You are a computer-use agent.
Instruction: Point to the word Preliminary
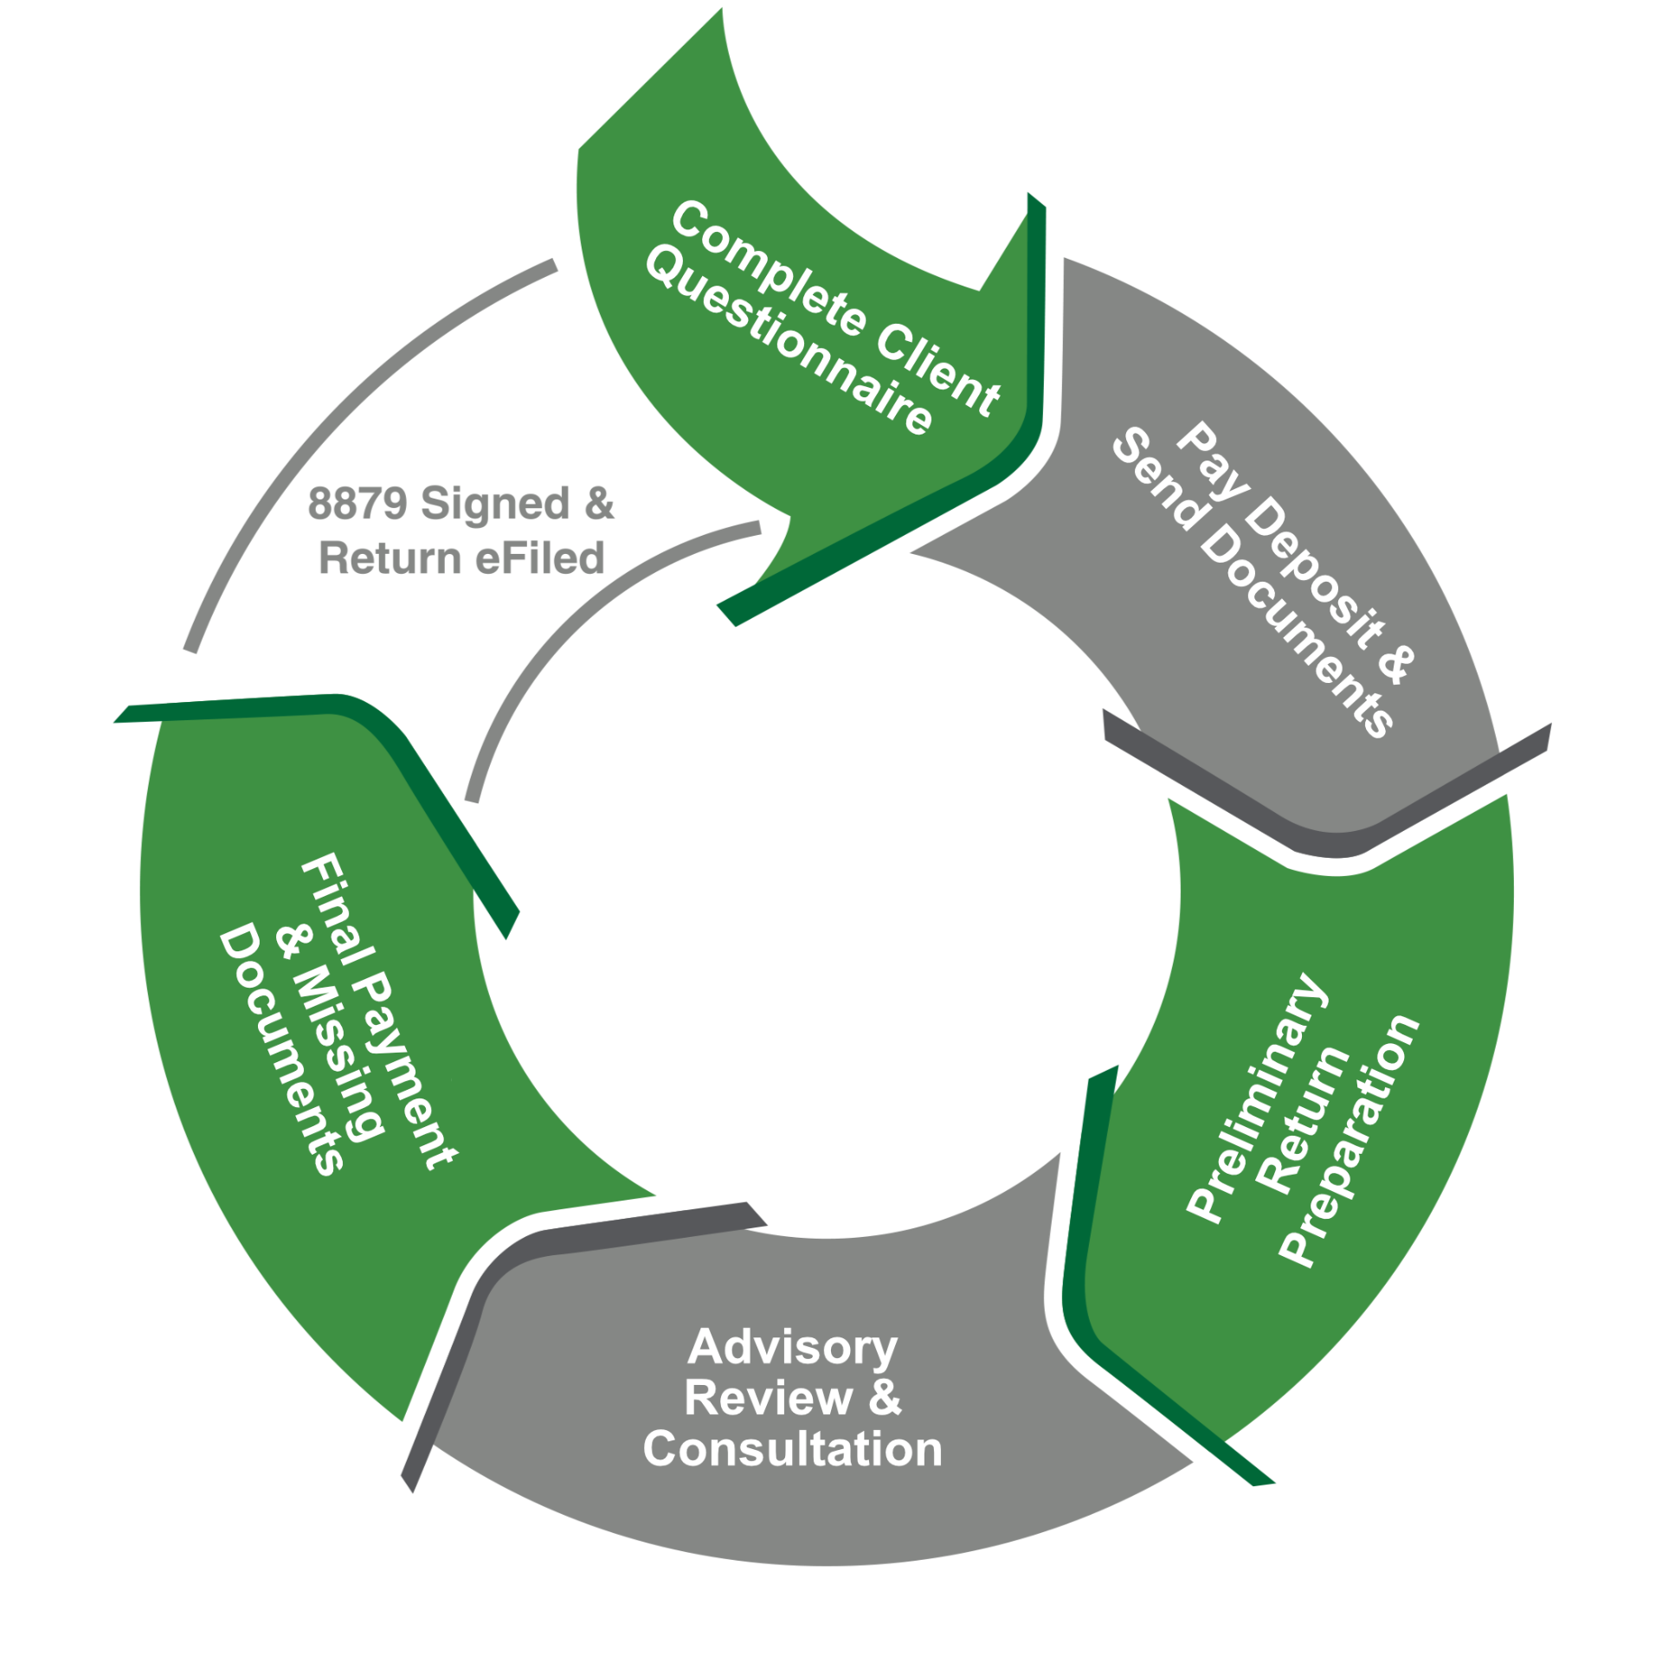[1255, 1099]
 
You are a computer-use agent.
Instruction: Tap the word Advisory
[793, 1348]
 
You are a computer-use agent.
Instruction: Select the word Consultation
[792, 1449]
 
